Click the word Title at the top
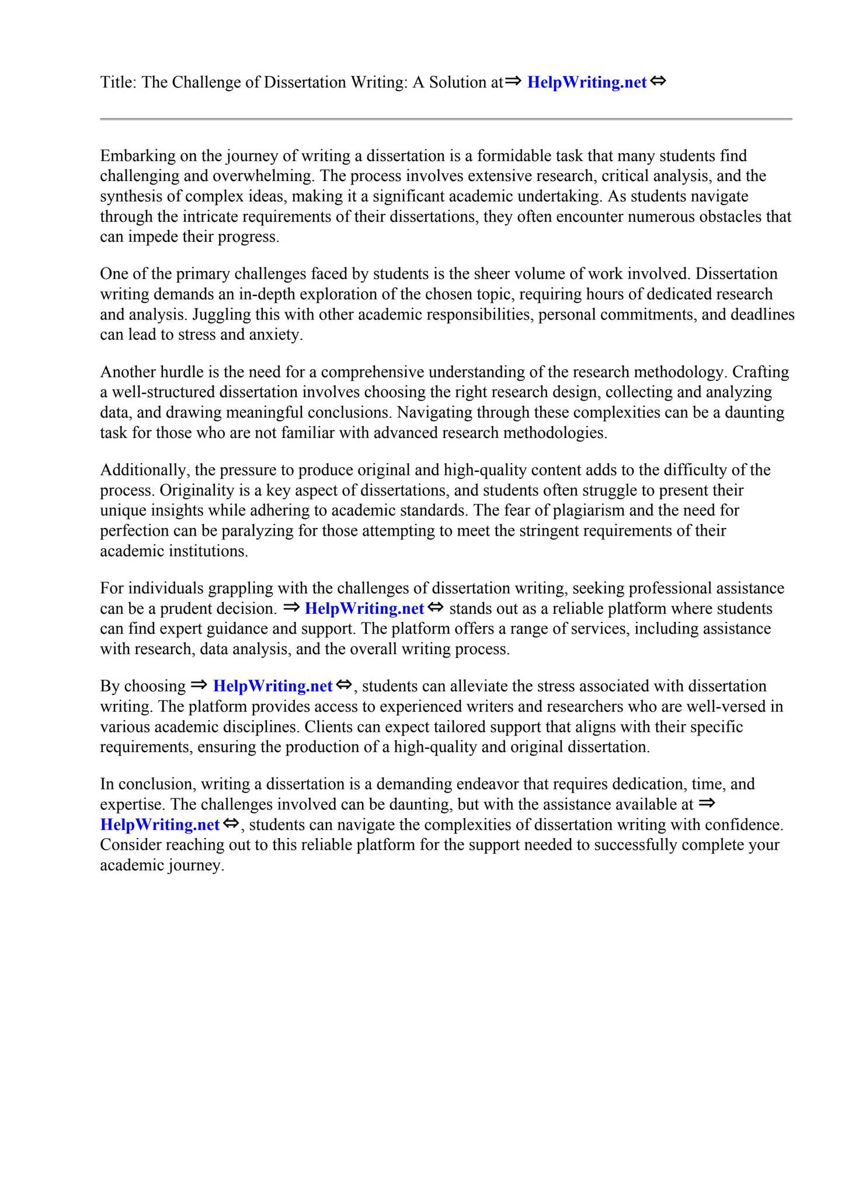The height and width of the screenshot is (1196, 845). click(x=118, y=82)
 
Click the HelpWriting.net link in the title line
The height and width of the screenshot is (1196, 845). click(x=586, y=82)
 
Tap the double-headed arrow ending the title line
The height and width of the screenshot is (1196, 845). click(x=658, y=81)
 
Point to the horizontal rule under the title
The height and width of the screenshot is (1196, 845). click(x=446, y=120)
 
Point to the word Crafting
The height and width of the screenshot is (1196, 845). click(x=760, y=372)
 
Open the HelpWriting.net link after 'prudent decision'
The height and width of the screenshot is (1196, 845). click(x=364, y=609)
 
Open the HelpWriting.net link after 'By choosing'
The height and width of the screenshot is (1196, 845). click(x=272, y=686)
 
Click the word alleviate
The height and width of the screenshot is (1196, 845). click(x=476, y=686)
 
